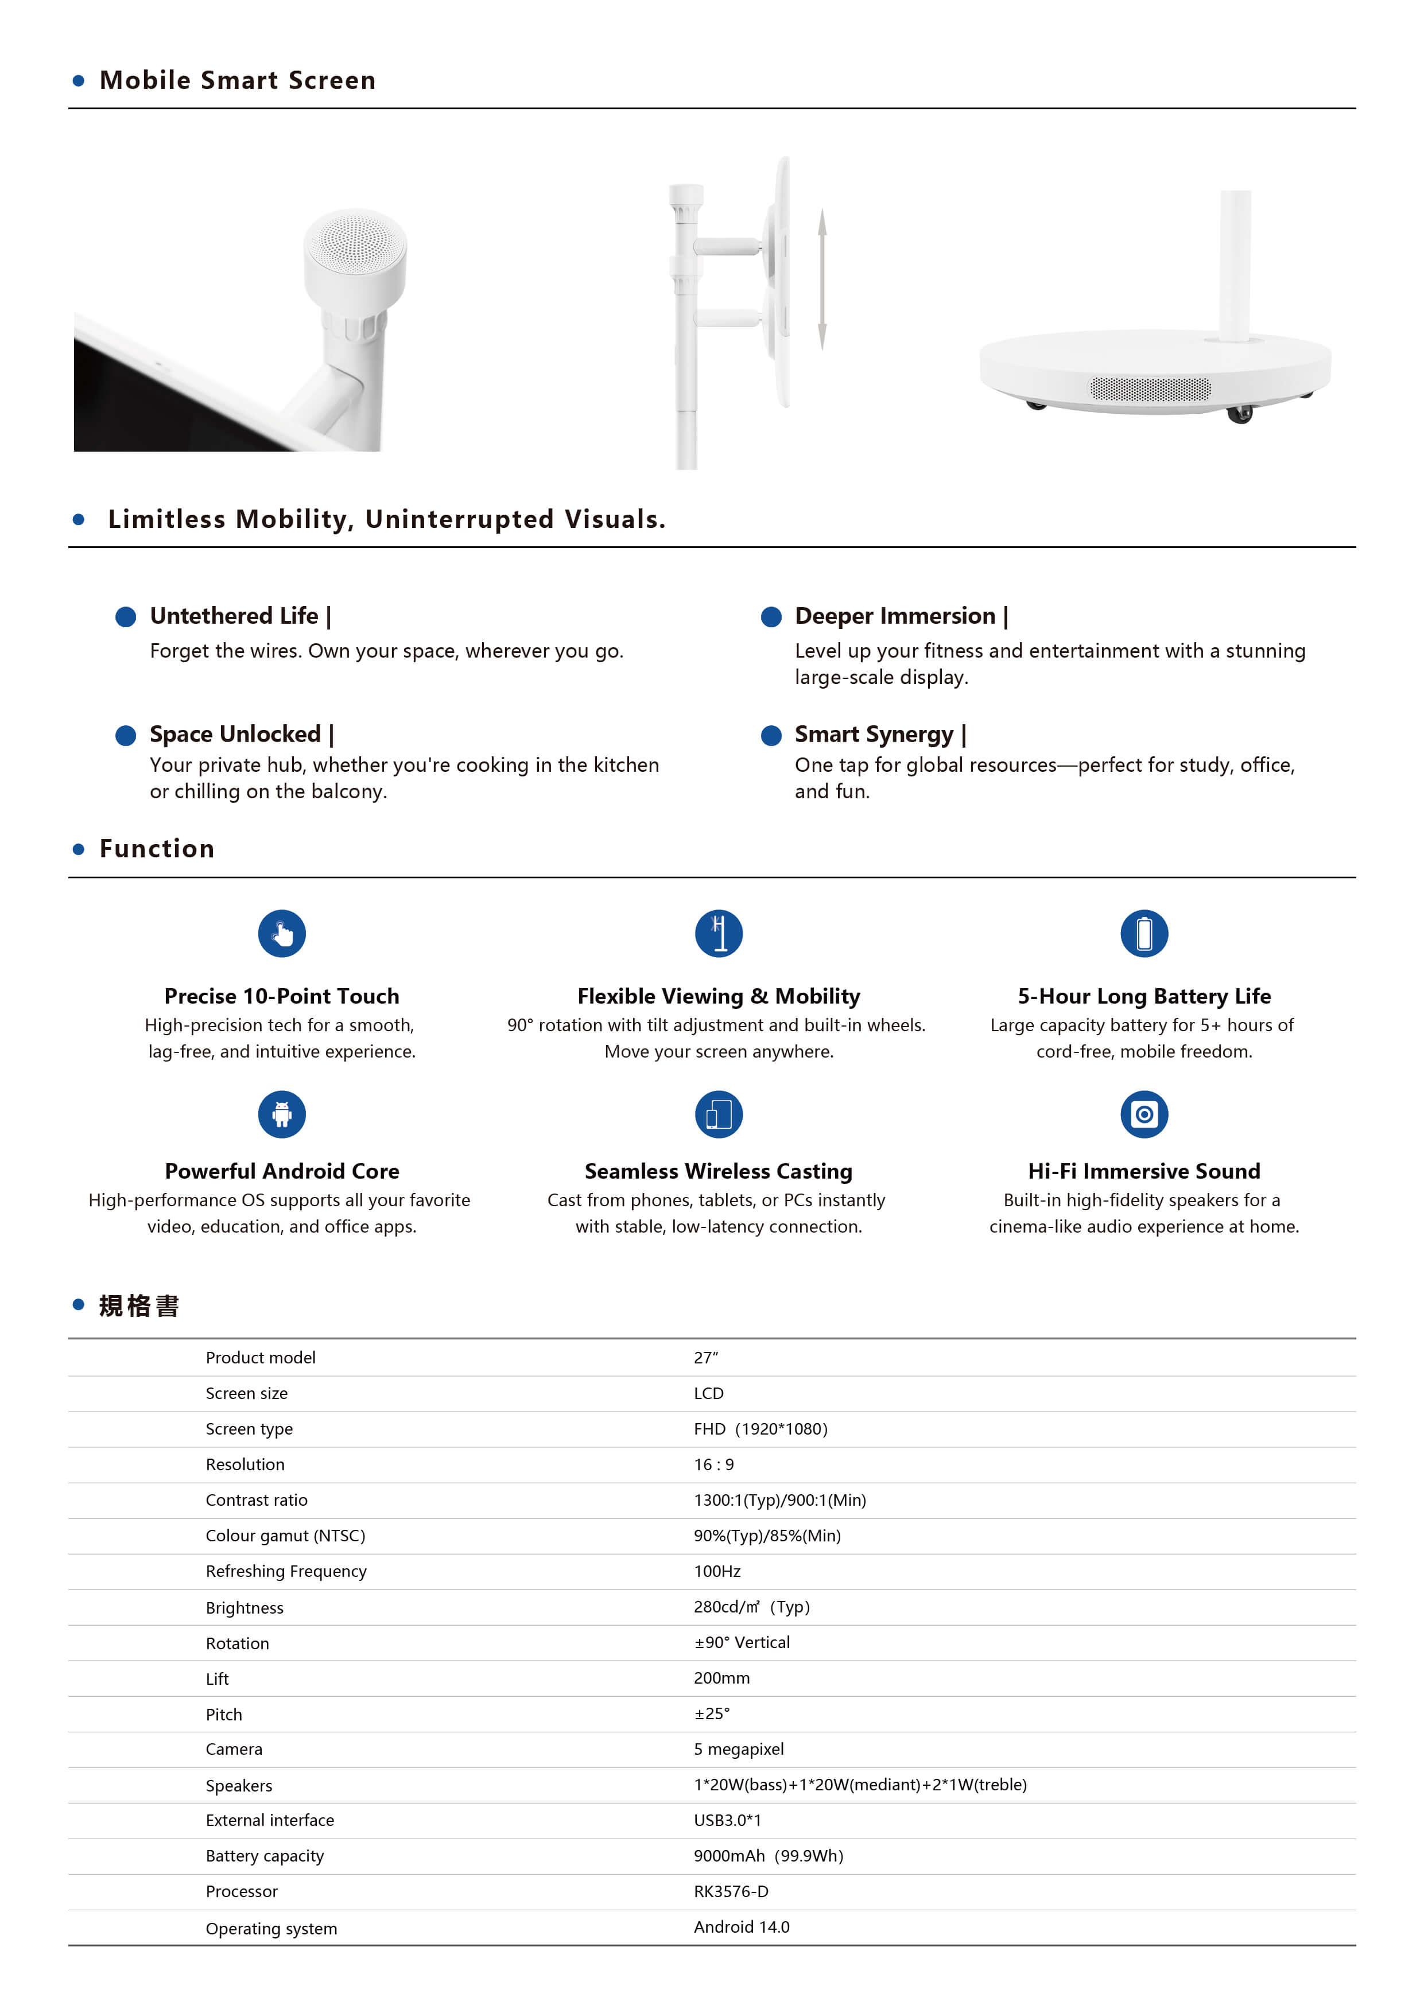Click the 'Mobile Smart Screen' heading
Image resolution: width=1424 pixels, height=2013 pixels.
[x=238, y=81]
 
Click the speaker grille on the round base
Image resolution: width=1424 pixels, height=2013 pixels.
[x=1150, y=388]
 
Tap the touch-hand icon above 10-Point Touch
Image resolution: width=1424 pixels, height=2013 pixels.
[x=281, y=934]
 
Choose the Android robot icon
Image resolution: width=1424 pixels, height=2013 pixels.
[x=281, y=1114]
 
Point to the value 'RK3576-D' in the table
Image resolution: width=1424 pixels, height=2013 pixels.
[x=731, y=1891]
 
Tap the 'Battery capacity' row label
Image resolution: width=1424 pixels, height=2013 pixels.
[x=265, y=1856]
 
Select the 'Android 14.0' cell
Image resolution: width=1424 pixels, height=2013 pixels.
[x=741, y=1927]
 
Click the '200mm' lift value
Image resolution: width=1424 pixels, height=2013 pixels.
[x=721, y=1678]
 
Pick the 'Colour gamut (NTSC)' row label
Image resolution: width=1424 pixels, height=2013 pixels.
[x=285, y=1536]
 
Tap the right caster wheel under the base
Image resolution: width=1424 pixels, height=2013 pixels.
[x=1239, y=414]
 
